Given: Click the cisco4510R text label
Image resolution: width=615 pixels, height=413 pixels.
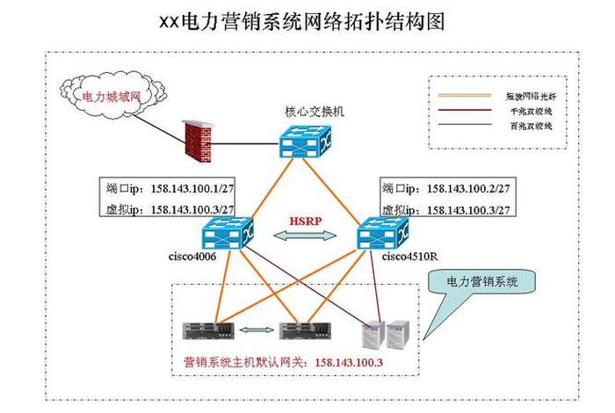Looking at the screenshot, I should [411, 257].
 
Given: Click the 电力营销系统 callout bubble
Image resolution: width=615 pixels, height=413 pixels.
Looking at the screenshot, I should [483, 283].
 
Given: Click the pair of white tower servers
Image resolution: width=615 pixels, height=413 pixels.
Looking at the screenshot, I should [387, 331].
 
